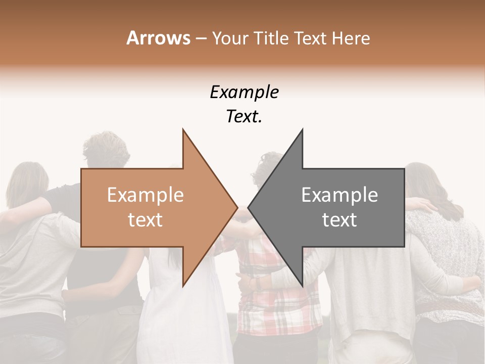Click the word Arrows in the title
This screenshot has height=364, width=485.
tap(158, 38)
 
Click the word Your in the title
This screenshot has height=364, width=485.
tap(230, 38)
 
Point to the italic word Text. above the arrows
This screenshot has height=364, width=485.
tap(244, 117)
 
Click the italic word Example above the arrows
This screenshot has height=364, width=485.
tap(244, 93)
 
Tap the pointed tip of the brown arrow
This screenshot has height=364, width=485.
tap(237, 207)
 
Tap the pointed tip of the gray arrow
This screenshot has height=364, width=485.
tap(248, 207)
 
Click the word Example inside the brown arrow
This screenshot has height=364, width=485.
tap(145, 195)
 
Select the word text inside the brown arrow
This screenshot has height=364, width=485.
tap(145, 220)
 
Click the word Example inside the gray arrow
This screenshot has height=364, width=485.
tap(339, 195)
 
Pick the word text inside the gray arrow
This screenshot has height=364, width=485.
tap(339, 220)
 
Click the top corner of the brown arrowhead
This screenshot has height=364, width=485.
tap(183, 130)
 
